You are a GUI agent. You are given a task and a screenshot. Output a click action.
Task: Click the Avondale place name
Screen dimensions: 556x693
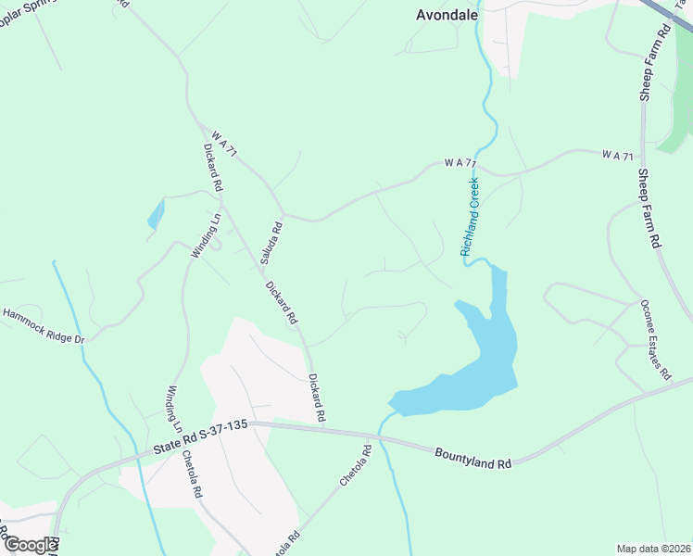[445, 14]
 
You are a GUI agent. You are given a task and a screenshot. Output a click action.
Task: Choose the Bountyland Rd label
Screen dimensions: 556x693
[472, 457]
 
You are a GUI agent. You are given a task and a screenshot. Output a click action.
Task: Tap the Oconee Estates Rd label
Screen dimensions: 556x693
[654, 340]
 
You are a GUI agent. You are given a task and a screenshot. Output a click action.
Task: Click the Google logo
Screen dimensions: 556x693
[30, 545]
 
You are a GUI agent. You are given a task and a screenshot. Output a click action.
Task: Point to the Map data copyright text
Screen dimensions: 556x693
[654, 548]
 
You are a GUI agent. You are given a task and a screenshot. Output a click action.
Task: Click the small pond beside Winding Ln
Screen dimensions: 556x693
[155, 216]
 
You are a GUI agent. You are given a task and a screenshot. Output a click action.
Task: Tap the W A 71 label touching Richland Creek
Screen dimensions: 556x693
[460, 163]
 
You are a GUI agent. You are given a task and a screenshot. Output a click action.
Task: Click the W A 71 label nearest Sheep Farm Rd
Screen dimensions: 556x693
[616, 154]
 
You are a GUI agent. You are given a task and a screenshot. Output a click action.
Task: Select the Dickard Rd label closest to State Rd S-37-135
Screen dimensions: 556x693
[317, 397]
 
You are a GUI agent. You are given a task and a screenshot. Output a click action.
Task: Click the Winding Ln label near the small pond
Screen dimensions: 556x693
[206, 236]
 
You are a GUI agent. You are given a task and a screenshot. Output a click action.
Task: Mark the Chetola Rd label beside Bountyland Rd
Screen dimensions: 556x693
[355, 466]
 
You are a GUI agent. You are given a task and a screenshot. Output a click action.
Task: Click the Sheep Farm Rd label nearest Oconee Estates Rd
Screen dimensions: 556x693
[649, 208]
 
